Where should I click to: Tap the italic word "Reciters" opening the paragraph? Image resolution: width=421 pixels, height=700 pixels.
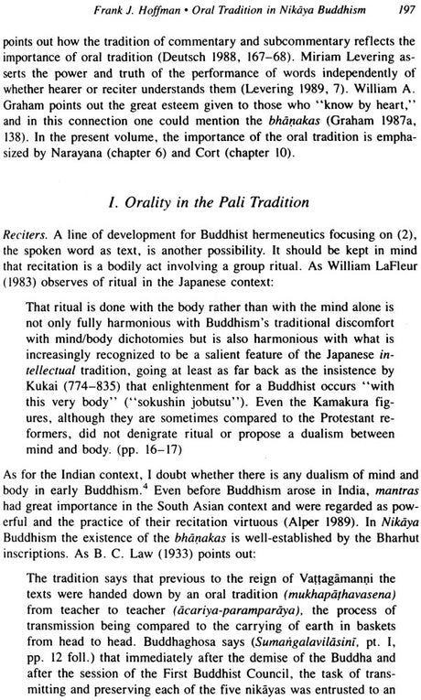[x=38, y=253]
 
